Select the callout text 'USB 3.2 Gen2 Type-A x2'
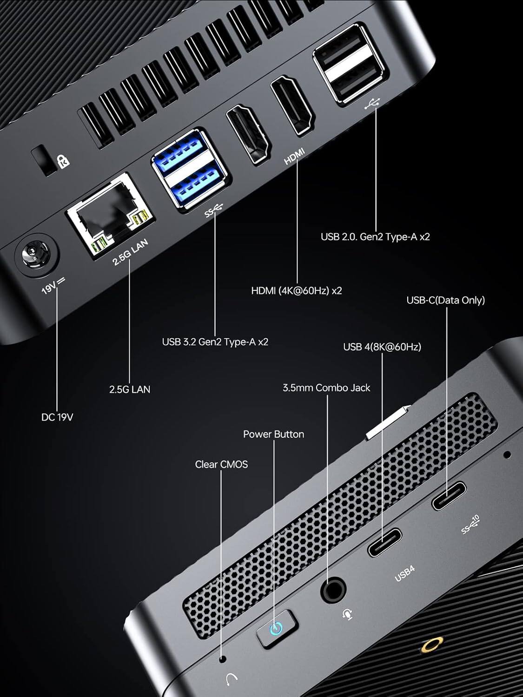215,342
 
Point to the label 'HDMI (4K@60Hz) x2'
297,291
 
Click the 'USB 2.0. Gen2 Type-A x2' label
375,237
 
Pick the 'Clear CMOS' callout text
221,464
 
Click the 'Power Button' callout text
273,434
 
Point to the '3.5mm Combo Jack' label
326,388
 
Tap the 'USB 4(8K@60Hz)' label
382,347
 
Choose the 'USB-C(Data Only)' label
445,300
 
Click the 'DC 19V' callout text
57,417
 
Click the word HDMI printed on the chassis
294,156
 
